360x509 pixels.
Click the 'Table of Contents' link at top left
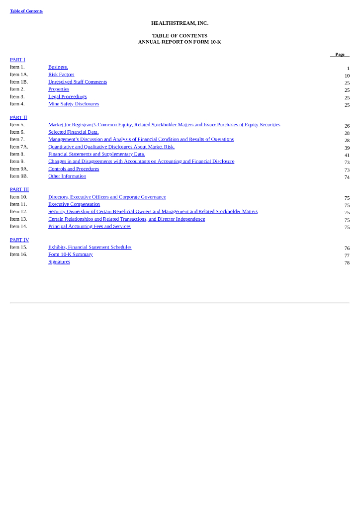click(26, 11)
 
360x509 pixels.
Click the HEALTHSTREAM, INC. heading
click(180, 23)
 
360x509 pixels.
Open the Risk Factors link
click(61, 75)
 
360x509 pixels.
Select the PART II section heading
click(18, 117)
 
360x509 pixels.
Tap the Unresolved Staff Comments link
click(78, 82)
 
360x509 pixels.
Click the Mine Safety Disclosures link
click(74, 104)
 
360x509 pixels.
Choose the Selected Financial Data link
click(73, 132)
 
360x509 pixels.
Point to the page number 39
click(347, 148)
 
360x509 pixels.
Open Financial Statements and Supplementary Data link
click(96, 154)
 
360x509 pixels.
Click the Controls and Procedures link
click(74, 169)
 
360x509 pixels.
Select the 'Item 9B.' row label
click(19, 176)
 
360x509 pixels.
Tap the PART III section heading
click(19, 189)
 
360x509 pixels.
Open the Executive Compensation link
click(74, 204)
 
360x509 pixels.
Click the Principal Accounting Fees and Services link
click(90, 227)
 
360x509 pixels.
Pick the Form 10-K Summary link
click(71, 254)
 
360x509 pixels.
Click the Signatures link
click(59, 262)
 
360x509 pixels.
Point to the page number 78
click(347, 263)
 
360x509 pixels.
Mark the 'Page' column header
click(340, 55)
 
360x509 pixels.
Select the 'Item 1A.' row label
click(19, 75)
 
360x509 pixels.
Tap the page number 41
click(347, 155)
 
